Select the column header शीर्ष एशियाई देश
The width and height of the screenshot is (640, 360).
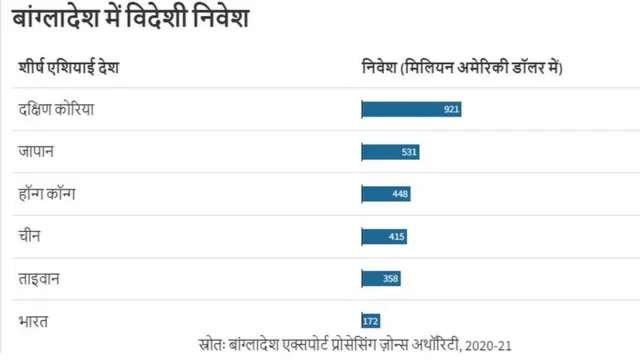click(x=69, y=68)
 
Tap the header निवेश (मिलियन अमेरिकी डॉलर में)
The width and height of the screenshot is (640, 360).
click(x=461, y=68)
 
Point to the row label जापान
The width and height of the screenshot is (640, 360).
click(x=36, y=152)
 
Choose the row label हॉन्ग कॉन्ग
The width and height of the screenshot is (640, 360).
click(x=47, y=194)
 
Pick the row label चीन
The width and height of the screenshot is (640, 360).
click(x=30, y=236)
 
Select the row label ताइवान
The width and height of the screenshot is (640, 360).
click(x=40, y=278)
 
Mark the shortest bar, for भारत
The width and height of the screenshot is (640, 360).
click(x=371, y=321)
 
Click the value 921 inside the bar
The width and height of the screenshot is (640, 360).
click(x=451, y=109)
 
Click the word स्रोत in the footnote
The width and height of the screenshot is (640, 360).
click(x=211, y=345)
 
